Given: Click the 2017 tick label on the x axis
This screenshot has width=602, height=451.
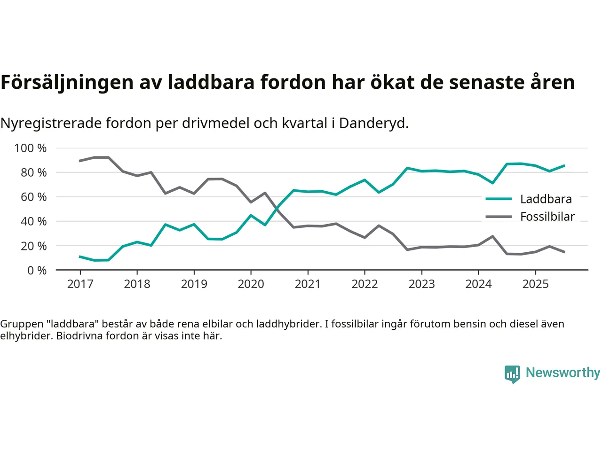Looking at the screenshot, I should [80, 284].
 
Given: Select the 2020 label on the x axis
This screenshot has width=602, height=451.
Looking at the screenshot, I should [251, 284].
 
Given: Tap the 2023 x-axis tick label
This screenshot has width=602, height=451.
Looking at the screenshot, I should [421, 284].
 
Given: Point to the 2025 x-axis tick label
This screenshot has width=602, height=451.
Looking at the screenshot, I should [535, 284].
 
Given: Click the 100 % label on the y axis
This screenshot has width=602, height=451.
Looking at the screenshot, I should [31, 148].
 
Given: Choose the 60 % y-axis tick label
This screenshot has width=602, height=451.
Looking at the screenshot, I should [33, 197].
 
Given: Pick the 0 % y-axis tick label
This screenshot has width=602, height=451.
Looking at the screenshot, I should [37, 271].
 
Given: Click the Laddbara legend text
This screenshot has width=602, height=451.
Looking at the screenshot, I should [546, 199].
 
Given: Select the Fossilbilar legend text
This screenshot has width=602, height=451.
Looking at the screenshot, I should [547, 217].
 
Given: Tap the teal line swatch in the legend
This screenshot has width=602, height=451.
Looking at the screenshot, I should [499, 199].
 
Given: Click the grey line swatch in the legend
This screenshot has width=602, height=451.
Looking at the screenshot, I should [499, 217].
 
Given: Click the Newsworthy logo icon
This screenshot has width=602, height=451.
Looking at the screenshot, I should [512, 374].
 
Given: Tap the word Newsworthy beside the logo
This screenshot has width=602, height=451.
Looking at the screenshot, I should [563, 373].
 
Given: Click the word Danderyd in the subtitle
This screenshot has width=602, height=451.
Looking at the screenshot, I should [373, 123].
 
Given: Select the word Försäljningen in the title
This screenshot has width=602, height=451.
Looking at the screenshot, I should [67, 82].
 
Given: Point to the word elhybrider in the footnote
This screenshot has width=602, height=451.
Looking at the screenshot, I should [25, 336].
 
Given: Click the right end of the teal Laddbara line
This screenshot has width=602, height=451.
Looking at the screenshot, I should [564, 165].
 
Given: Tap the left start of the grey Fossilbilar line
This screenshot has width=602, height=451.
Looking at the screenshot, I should [80, 161].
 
